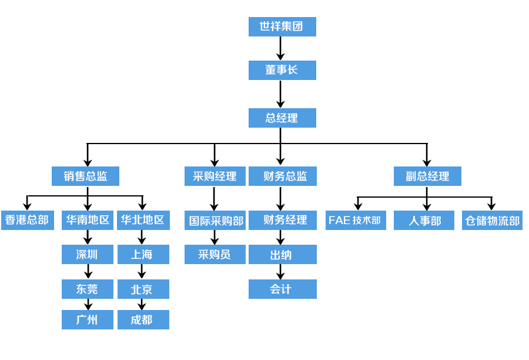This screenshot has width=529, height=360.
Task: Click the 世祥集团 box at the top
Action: tap(282, 26)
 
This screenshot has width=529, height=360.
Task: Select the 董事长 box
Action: tap(282, 70)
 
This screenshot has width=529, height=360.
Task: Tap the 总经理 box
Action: tap(282, 118)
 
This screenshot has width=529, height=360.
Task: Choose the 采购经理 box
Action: tap(215, 176)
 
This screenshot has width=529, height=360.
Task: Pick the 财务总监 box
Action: tap(282, 176)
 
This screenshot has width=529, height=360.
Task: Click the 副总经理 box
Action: tap(427, 176)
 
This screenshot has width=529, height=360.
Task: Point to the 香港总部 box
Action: tap(27, 221)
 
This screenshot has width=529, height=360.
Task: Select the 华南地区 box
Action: tap(88, 221)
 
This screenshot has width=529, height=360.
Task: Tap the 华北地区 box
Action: tap(143, 221)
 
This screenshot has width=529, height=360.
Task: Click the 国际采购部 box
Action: tap(215, 221)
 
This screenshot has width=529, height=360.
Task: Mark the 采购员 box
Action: tap(215, 255)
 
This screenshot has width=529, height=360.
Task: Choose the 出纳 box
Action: tap(282, 255)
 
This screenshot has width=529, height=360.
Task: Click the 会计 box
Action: tap(282, 289)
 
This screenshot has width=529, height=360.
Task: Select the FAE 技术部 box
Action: tap(356, 221)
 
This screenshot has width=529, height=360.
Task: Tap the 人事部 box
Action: tap(424, 221)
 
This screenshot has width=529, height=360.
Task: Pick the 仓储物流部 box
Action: tap(492, 221)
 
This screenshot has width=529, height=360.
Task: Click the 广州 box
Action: tap(88, 319)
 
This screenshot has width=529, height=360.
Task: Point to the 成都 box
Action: tap(143, 319)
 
